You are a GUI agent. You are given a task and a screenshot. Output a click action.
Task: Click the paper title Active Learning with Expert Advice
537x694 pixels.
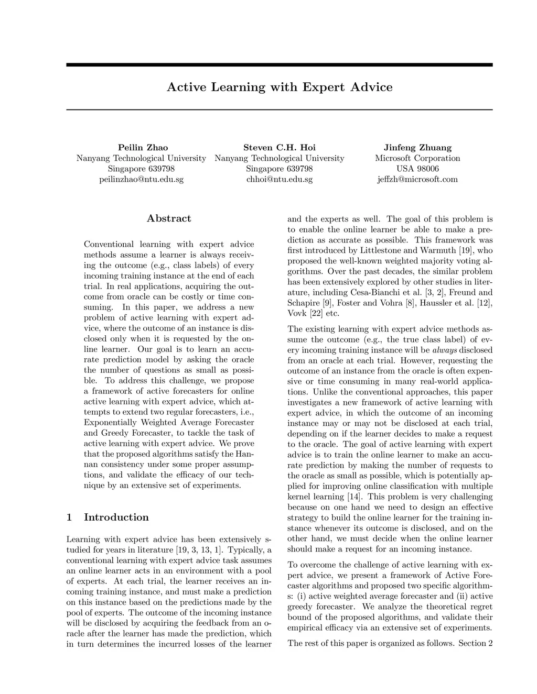[x=279, y=87]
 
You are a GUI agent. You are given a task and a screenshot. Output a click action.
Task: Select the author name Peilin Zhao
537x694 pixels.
[x=143, y=147]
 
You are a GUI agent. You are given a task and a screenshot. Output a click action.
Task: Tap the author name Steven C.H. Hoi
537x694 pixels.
[x=279, y=147]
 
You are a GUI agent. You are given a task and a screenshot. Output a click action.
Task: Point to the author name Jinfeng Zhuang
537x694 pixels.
[x=417, y=147]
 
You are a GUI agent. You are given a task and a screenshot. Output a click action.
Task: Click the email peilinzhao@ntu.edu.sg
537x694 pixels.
[x=141, y=179]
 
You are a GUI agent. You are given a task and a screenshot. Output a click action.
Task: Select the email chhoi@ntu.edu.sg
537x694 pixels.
[x=279, y=179]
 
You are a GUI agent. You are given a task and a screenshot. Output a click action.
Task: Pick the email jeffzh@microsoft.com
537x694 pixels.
[x=417, y=179]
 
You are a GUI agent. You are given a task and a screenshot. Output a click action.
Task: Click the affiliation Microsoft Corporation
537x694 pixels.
[x=417, y=158]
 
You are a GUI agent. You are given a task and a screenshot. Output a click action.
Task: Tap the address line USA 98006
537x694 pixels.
[x=417, y=169]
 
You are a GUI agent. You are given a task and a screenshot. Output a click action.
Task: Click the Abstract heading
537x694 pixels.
[x=169, y=218]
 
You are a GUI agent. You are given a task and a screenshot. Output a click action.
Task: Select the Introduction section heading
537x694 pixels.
[x=116, y=517]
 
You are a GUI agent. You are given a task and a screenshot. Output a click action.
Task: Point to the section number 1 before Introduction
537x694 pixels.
[x=69, y=517]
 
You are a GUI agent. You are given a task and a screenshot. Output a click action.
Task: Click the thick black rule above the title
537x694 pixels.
[x=279, y=65]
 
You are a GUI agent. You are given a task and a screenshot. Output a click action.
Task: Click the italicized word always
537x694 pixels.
[x=445, y=350]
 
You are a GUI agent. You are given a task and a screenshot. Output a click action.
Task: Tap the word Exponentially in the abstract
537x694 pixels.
[x=111, y=422]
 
